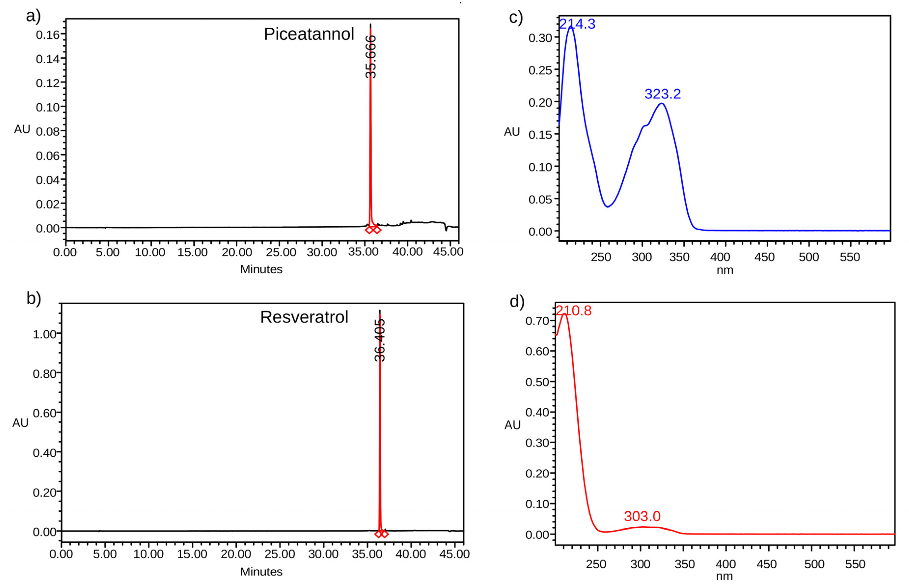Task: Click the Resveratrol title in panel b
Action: [x=304, y=317]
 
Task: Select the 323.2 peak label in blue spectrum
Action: [x=662, y=94]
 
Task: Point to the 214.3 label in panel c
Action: [x=577, y=24]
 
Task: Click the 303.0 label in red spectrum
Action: [x=642, y=516]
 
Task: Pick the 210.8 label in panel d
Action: [x=573, y=310]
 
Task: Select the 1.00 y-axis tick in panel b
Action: [x=45, y=334]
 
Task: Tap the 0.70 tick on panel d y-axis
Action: [x=537, y=321]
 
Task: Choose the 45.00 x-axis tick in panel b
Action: [x=454, y=554]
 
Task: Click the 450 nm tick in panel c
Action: [x=764, y=257]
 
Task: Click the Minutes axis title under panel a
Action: [x=261, y=269]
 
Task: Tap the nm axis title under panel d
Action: [x=724, y=576]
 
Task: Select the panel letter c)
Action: [x=516, y=18]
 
